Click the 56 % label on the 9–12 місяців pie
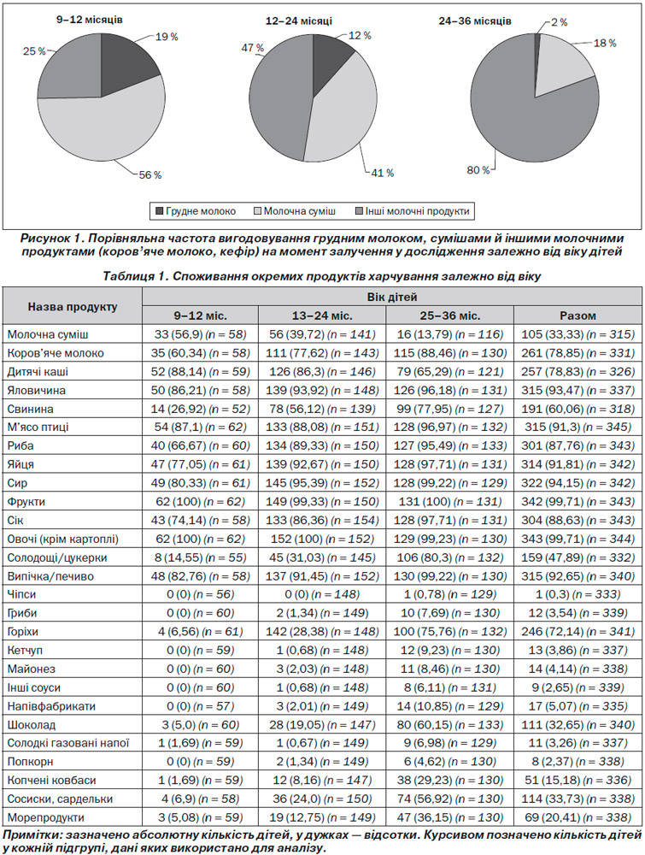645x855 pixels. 150,175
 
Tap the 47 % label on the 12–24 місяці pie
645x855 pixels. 252,48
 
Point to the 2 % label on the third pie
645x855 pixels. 559,22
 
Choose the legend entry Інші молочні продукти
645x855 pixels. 412,211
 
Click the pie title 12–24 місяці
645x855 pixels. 298,21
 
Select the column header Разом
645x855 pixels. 578,315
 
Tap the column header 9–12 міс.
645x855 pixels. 200,315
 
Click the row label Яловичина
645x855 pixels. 37,391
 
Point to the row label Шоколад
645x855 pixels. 32,725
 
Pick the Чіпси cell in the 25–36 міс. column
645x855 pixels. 449,594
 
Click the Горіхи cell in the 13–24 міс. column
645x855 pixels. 322,632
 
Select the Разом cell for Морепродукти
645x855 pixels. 578,818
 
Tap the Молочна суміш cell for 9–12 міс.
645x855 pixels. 200,334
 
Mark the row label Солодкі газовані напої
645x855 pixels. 68,743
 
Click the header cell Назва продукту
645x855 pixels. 73,306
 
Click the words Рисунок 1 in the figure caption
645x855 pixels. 51,239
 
